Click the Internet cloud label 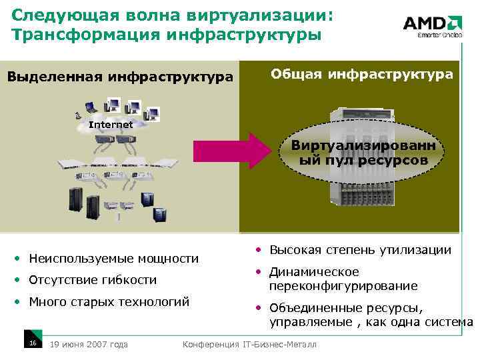point(111,125)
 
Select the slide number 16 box point(32,343)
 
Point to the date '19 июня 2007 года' point(89,344)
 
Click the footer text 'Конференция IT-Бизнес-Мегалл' point(249,344)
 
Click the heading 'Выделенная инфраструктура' point(120,77)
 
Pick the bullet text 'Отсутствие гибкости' point(93,280)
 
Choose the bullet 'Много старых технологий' point(109,301)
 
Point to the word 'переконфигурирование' point(343,286)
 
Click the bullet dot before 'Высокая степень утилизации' point(257,251)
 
